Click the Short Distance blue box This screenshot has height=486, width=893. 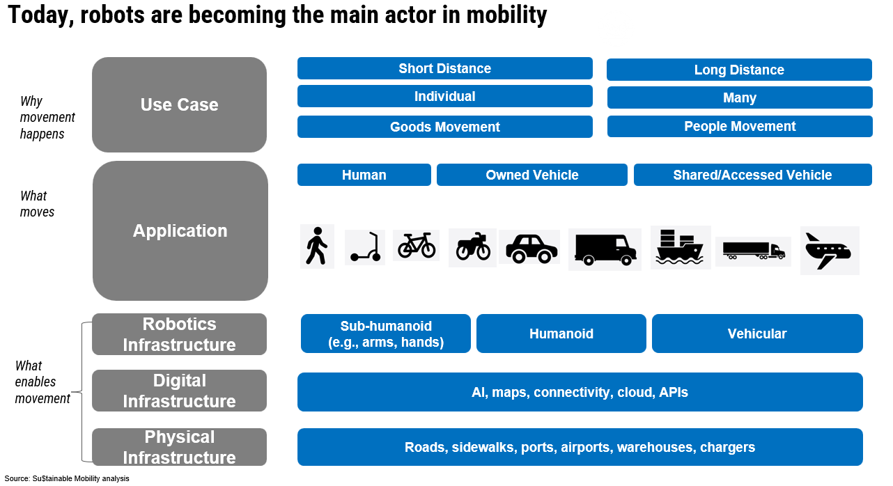[x=444, y=68]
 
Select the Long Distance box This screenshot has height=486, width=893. [x=739, y=70]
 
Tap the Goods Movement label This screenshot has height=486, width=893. [x=444, y=127]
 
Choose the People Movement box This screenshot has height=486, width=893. [x=740, y=126]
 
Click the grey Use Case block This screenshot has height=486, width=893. [x=179, y=104]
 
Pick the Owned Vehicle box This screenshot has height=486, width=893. [x=531, y=175]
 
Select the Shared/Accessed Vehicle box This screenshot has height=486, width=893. [x=752, y=175]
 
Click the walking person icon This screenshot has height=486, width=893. [x=317, y=246]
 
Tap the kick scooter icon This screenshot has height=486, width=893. [x=365, y=247]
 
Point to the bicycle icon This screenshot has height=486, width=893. [x=416, y=246]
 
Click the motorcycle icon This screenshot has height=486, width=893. [x=473, y=247]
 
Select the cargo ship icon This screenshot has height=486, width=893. [x=681, y=247]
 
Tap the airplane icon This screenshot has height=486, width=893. [x=829, y=250]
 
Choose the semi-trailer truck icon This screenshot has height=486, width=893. [x=753, y=251]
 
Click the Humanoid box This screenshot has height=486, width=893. [x=561, y=334]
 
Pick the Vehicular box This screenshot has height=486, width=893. [x=756, y=334]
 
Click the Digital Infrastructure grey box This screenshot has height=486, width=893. [x=179, y=391]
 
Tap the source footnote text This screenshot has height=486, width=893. [x=67, y=478]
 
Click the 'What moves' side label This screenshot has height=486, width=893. [x=37, y=203]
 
